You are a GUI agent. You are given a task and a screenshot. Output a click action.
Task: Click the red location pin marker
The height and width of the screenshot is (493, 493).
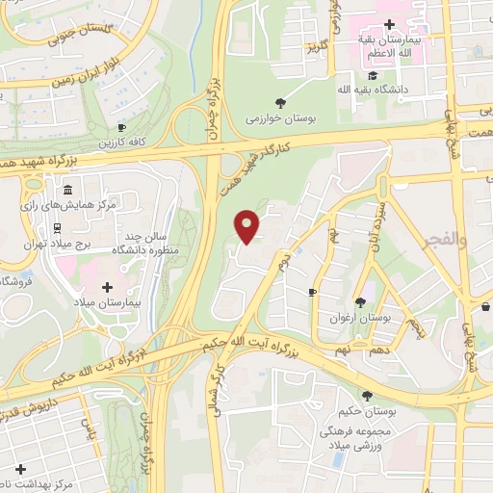248,225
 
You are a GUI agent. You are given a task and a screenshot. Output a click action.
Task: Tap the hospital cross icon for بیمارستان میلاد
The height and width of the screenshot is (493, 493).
107,287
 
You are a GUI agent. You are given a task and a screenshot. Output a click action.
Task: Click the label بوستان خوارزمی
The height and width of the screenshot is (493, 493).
280,119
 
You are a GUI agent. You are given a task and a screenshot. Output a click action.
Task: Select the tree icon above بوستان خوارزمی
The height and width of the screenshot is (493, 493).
280,103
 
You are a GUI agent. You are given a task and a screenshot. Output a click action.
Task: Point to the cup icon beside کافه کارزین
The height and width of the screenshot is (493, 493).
122,128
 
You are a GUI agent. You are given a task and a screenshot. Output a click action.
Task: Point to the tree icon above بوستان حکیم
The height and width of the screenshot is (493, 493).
366,395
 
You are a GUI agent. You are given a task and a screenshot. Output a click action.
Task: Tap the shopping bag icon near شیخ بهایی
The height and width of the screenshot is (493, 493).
484,307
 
